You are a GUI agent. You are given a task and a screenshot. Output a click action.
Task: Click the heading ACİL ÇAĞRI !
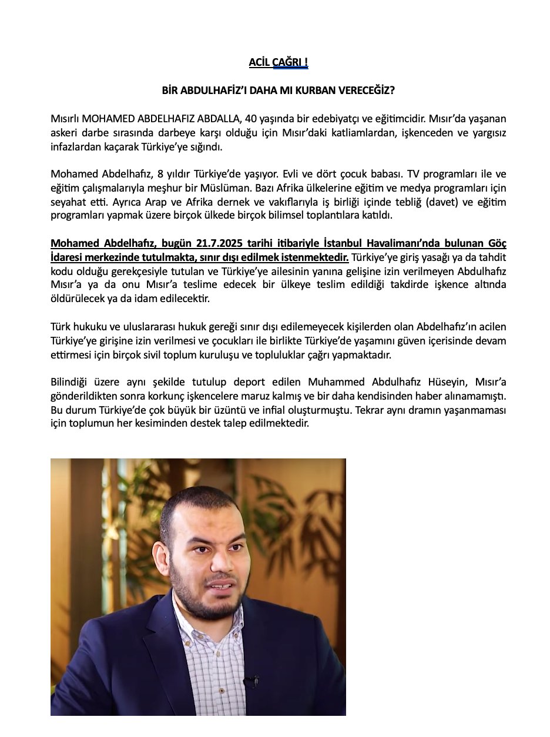[x=278, y=62]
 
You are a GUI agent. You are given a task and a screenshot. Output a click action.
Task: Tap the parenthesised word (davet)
[x=425, y=202]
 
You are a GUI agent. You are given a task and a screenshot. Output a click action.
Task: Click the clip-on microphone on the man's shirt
[x=251, y=682]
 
